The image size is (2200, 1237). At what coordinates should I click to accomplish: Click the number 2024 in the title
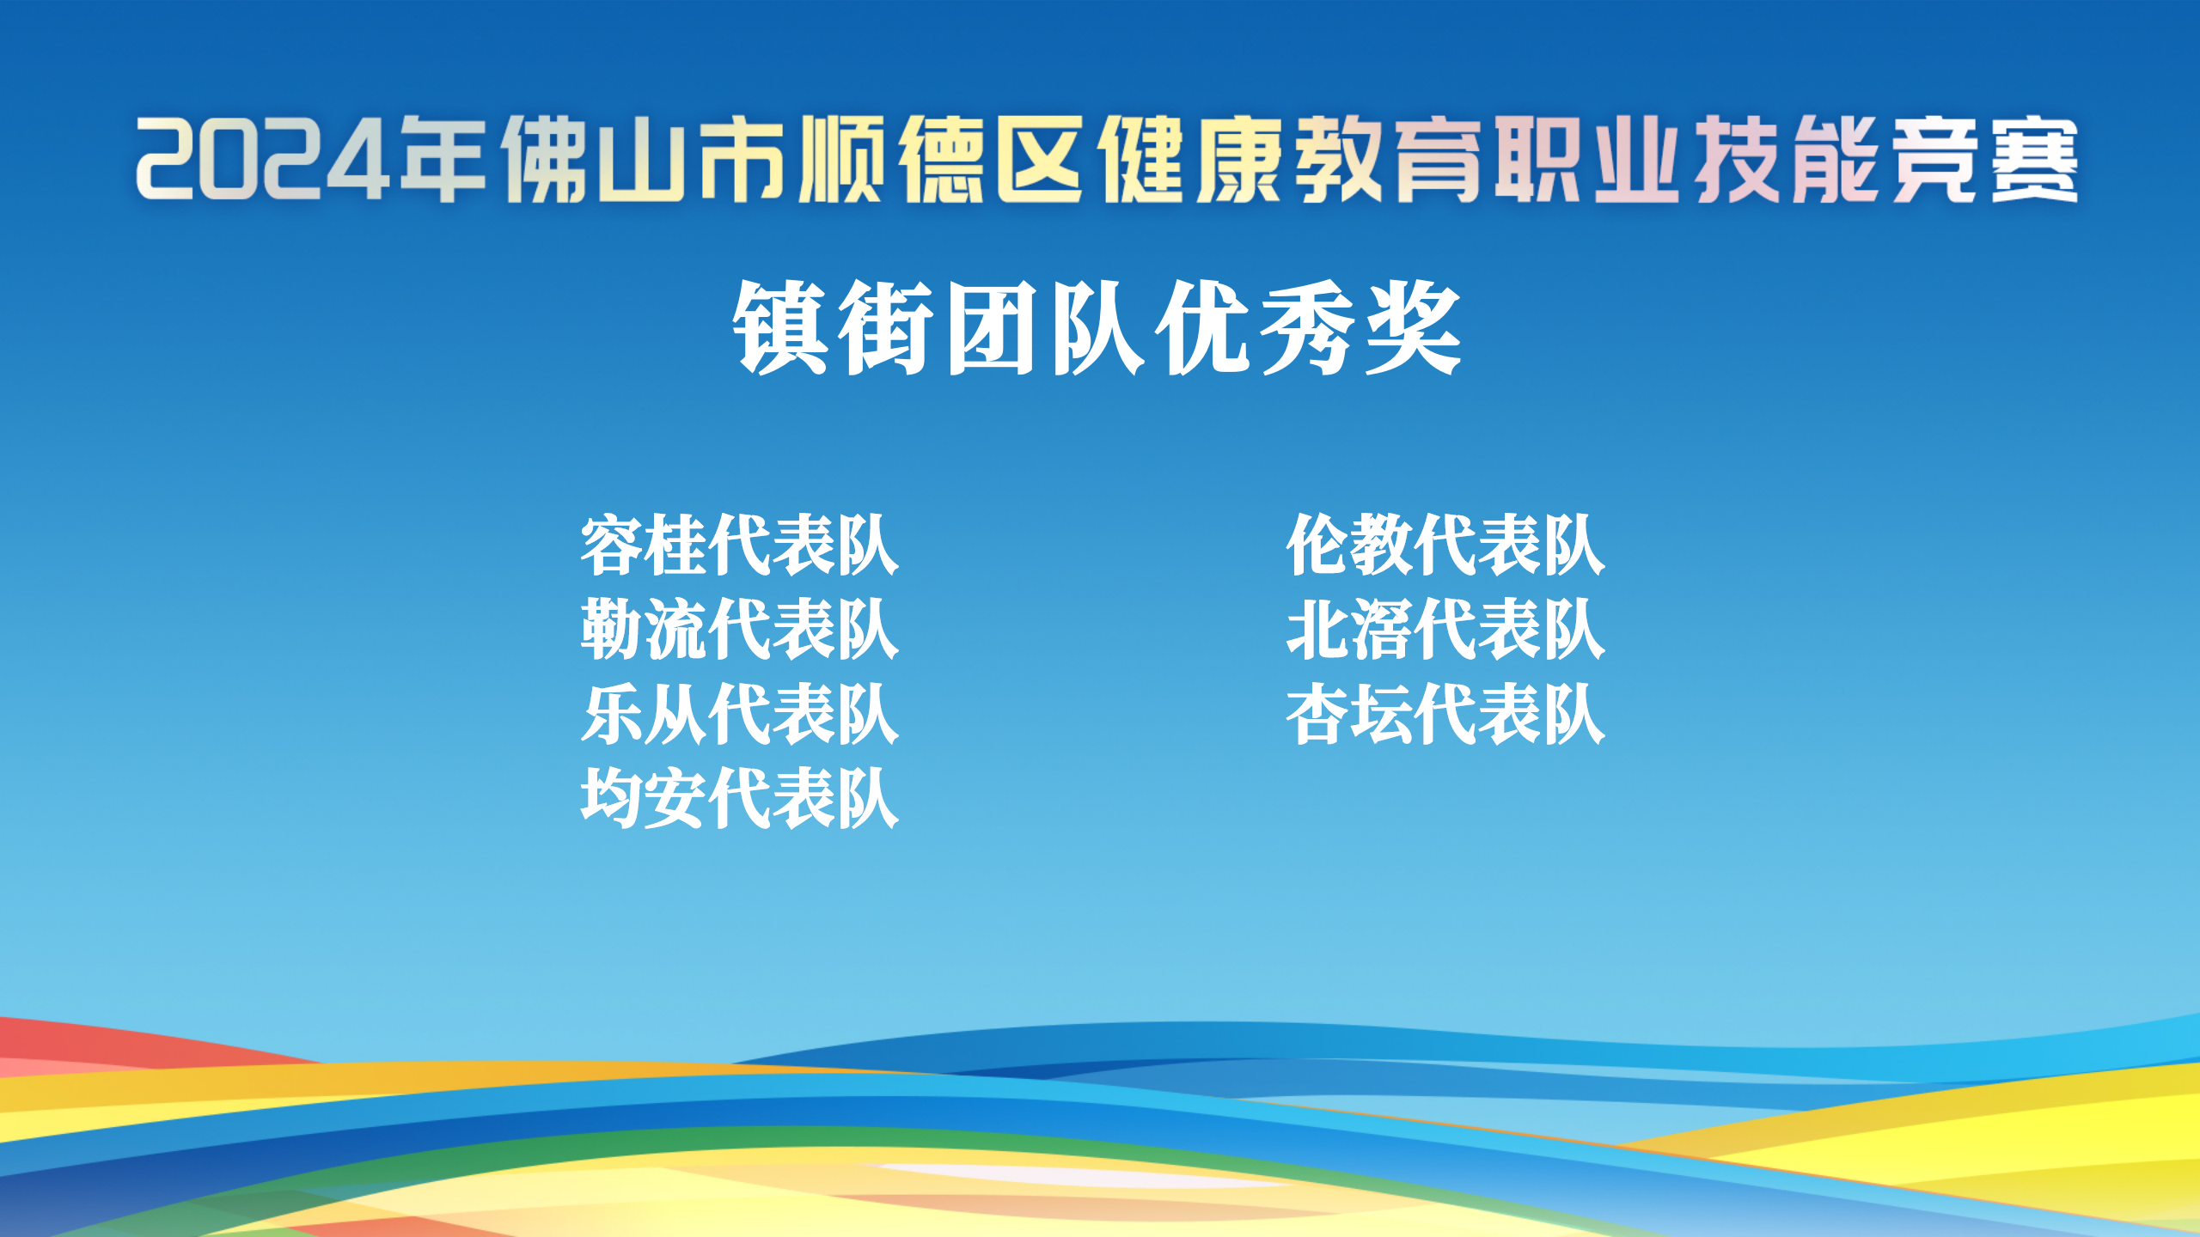coord(262,160)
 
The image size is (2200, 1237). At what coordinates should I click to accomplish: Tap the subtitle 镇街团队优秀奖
coord(1097,328)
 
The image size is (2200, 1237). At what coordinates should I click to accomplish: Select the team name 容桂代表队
coord(740,545)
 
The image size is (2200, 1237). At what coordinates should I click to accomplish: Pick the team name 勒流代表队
coord(740,630)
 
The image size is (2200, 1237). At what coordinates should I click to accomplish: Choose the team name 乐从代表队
coord(740,715)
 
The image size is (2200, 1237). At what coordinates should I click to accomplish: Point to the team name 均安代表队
coord(740,799)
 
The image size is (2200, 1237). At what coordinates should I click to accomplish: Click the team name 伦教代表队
coord(1445,545)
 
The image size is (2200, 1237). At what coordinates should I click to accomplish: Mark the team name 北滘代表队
coord(1445,630)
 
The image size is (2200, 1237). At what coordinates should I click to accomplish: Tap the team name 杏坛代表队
coord(1445,715)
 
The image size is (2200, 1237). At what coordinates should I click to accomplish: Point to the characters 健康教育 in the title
coord(1287,160)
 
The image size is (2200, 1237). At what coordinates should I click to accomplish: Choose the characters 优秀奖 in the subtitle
coord(1308,328)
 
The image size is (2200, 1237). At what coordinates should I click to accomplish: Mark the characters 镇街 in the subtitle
coord(834,328)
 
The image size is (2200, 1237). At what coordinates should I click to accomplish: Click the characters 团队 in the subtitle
coord(1044,328)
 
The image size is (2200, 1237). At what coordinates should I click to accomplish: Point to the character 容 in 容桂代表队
coord(612,545)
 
